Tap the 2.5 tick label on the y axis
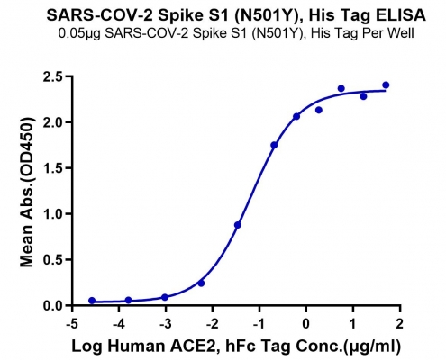click(54, 77)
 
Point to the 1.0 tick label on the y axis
click(54, 214)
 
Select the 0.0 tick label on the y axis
click(54, 305)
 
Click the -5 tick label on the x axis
click(72, 324)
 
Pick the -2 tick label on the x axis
click(213, 324)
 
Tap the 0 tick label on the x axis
click(306, 324)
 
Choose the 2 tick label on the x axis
click(400, 324)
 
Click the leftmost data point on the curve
click(92, 301)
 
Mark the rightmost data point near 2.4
click(386, 85)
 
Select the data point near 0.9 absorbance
click(238, 225)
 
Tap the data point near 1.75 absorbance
click(274, 145)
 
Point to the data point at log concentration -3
click(165, 297)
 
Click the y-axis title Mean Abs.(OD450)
click(27, 193)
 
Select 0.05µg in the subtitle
click(79, 33)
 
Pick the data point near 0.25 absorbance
click(201, 283)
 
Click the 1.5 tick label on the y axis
click(54, 168)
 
